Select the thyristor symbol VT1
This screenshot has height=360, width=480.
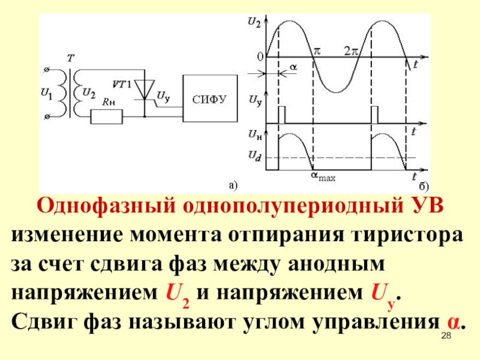(143, 90)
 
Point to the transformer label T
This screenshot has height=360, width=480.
(70, 58)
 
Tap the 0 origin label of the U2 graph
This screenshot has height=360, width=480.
(260, 57)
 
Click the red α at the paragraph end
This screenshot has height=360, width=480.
(455, 322)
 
